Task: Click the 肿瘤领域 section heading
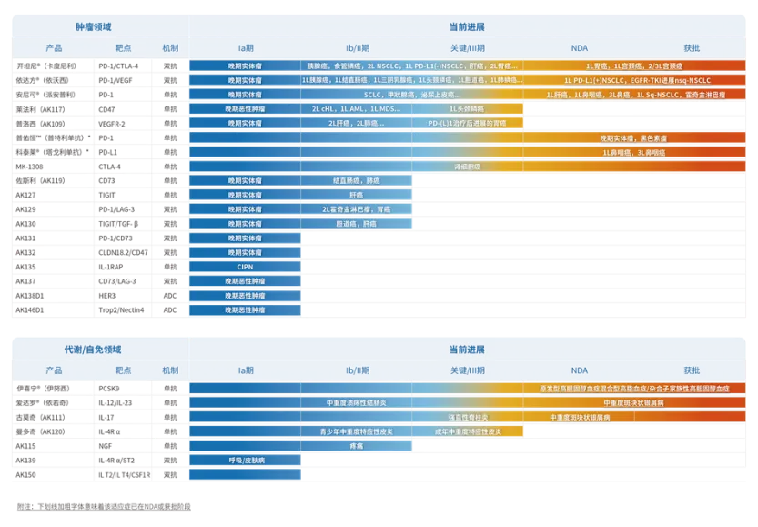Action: (99, 27)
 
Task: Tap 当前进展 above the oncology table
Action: (467, 27)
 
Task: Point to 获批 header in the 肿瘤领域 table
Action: (692, 47)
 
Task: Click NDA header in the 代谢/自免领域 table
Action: (579, 370)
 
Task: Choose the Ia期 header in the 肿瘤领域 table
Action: (245, 47)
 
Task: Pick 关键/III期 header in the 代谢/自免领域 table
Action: (468, 370)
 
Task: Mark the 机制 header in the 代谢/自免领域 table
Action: (170, 370)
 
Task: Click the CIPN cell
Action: (245, 267)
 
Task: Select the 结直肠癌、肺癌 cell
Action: (357, 180)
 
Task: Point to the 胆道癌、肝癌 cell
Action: (357, 223)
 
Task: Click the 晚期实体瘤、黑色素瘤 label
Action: (634, 137)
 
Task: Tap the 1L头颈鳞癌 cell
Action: (468, 108)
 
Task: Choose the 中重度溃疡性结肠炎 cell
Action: (357, 402)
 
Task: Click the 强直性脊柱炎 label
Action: (468, 417)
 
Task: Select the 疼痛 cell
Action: (357, 446)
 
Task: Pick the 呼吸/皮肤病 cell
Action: (245, 461)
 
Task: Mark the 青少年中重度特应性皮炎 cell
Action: (357, 431)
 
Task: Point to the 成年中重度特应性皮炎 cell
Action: (468, 431)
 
